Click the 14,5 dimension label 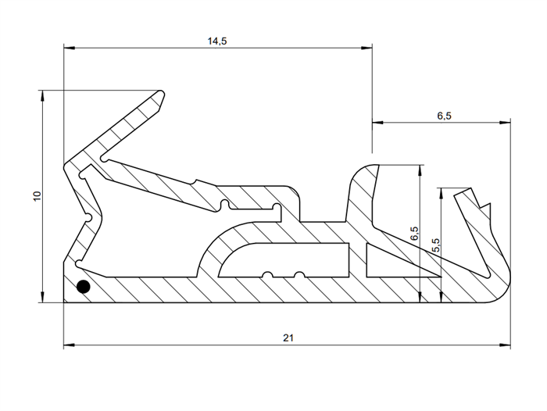217,41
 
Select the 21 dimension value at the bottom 288,337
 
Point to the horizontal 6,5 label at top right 444,116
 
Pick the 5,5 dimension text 436,245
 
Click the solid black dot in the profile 83,288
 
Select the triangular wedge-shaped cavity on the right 391,262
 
